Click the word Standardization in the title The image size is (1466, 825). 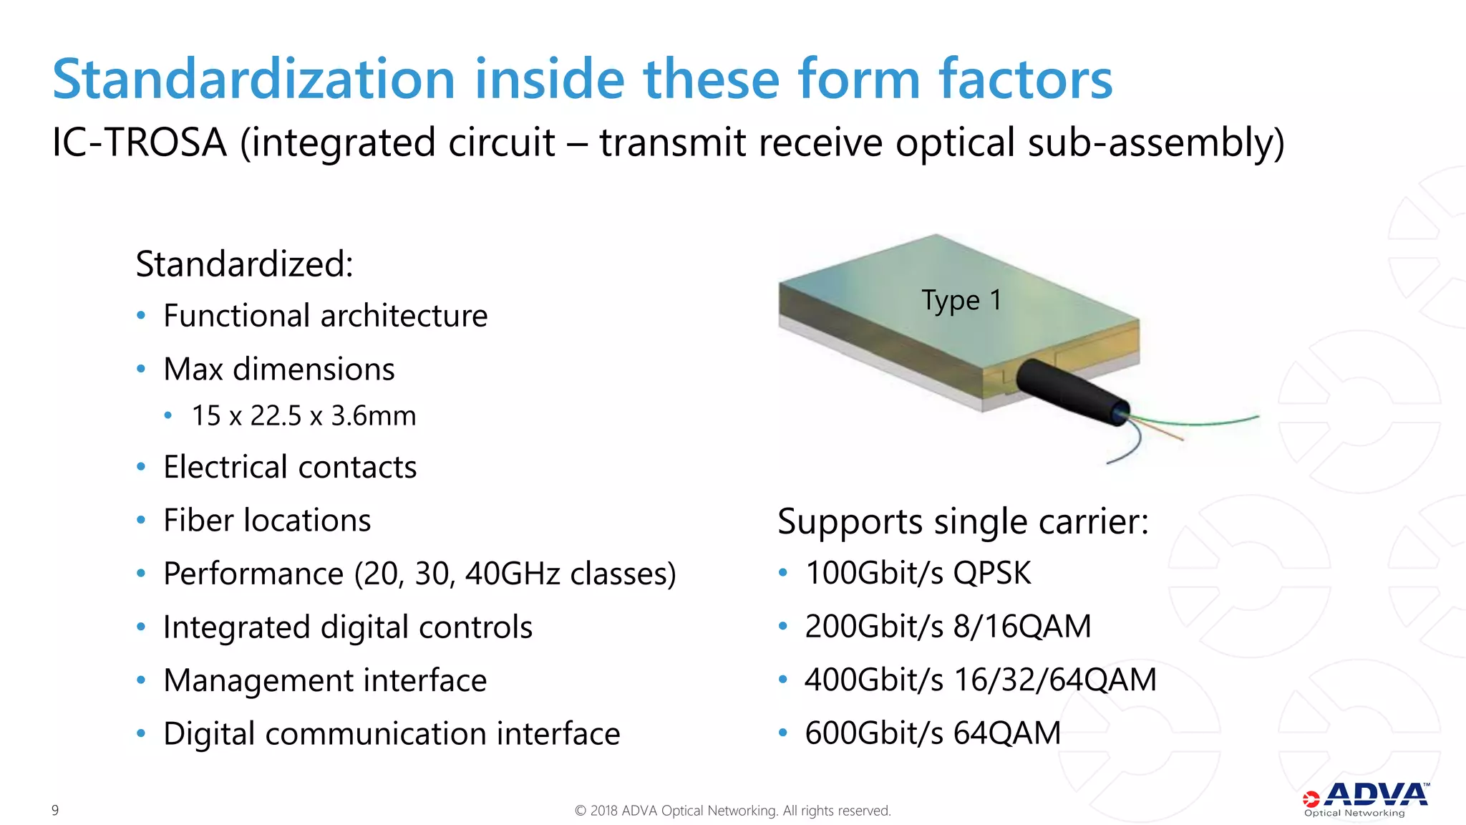click(253, 79)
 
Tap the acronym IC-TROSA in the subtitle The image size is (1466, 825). click(140, 143)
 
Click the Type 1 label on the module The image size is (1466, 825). click(961, 300)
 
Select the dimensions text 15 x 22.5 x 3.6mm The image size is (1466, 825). click(304, 416)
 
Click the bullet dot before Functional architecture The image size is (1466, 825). click(141, 316)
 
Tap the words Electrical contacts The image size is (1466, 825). click(290, 467)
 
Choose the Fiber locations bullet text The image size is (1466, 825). click(267, 521)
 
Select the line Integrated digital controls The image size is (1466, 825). click(348, 627)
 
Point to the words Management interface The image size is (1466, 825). click(325, 680)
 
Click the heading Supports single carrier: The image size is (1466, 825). click(963, 521)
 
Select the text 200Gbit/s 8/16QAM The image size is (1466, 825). click(948, 627)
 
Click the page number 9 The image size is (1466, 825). click(55, 810)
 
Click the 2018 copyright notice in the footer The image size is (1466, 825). click(732, 811)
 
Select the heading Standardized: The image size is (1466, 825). click(244, 264)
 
